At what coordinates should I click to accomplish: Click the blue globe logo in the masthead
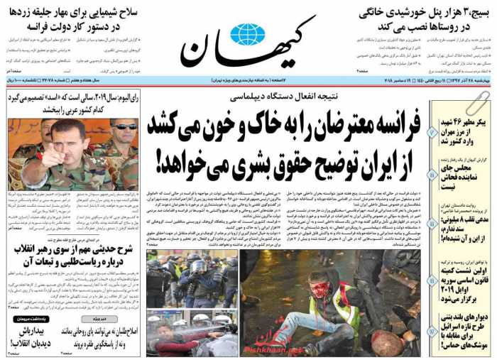click(x=248, y=34)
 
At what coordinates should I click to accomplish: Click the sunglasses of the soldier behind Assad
click(x=125, y=126)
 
